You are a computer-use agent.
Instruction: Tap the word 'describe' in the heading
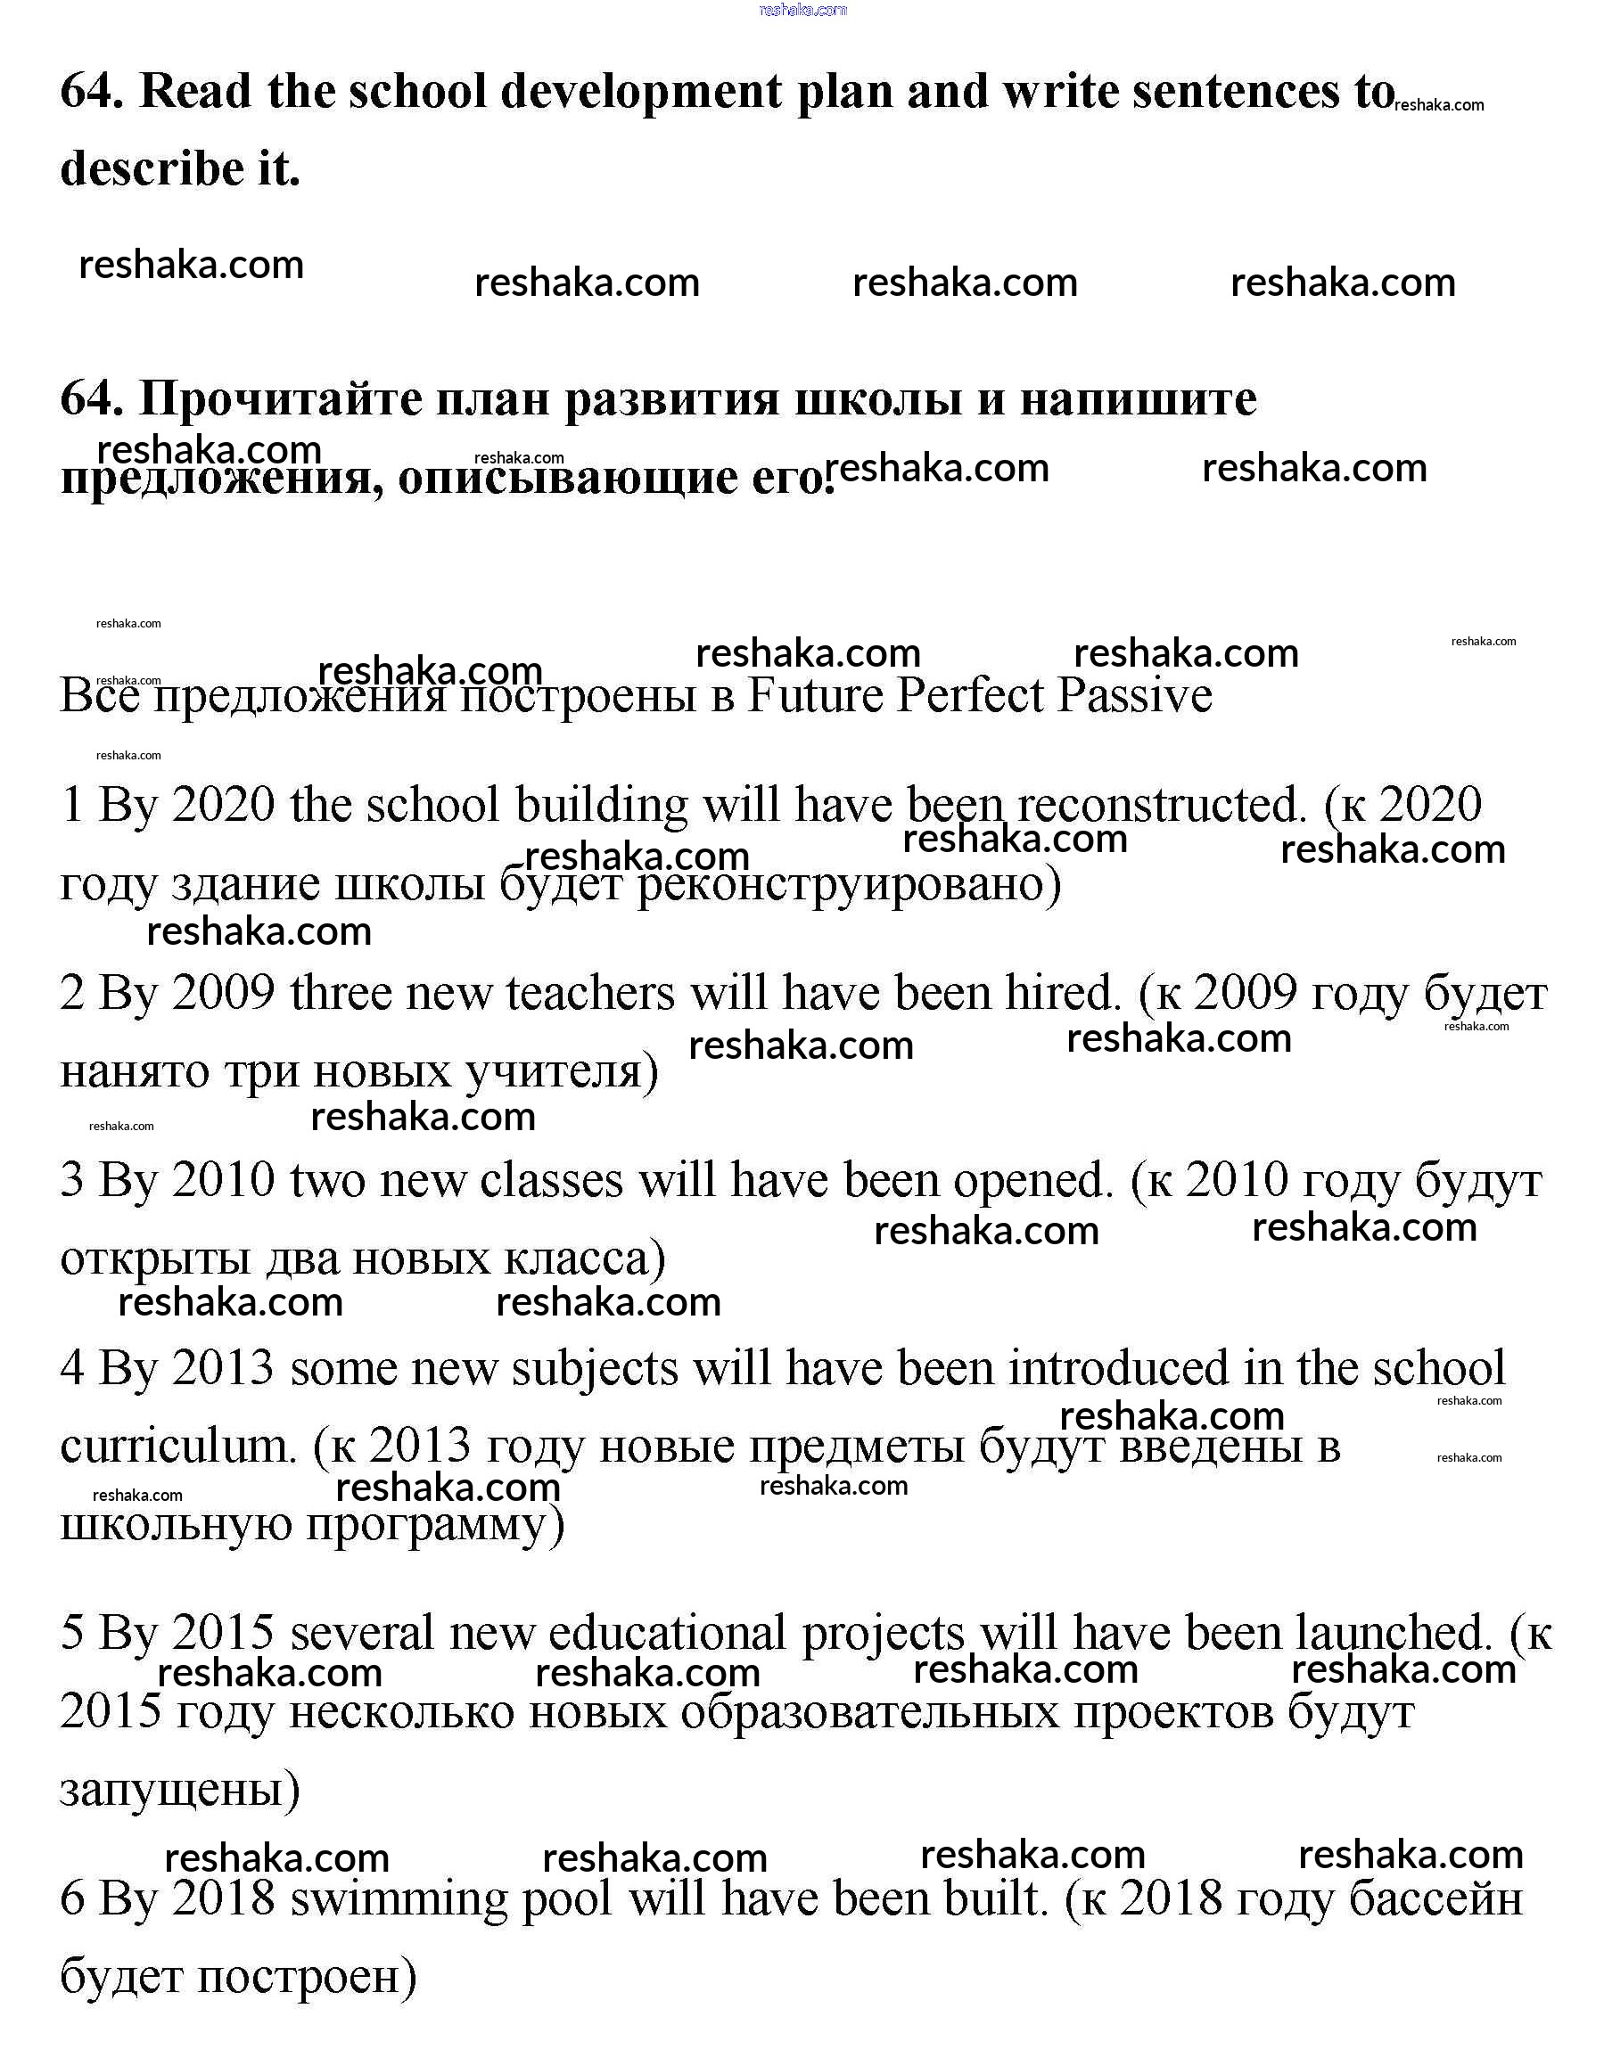[x=152, y=168]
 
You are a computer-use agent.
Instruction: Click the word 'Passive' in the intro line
[x=1134, y=695]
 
